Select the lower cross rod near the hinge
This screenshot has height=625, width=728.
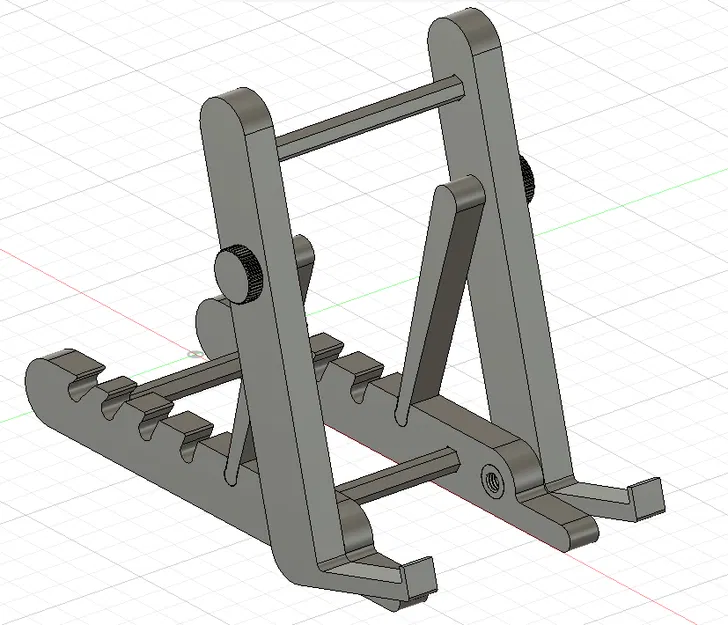coord(400,479)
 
